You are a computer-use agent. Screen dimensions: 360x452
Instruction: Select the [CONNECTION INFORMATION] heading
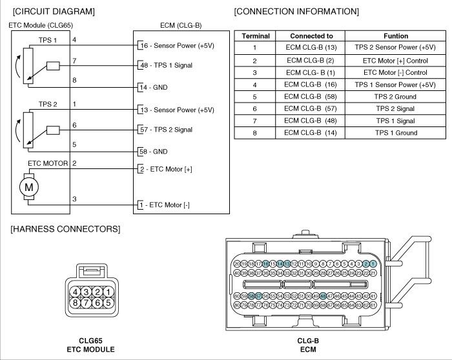pyautogui.click(x=296, y=12)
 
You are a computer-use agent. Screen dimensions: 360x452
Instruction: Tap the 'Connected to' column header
pyautogui.click(x=312, y=36)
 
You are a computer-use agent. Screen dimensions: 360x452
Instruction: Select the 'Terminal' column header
pyautogui.click(x=255, y=36)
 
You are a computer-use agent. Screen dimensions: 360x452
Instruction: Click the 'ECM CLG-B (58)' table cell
pyautogui.click(x=312, y=97)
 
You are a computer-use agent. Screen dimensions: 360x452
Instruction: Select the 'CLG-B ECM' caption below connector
pyautogui.click(x=308, y=345)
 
